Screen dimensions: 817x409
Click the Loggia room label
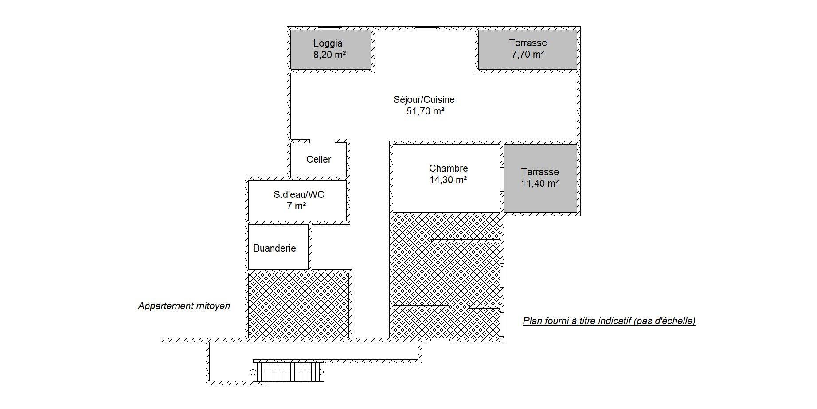(x=328, y=43)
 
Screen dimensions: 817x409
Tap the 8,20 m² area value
(x=330, y=55)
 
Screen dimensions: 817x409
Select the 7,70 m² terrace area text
(x=528, y=55)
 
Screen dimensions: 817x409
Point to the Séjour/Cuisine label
(x=424, y=100)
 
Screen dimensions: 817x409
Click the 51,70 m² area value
(x=426, y=111)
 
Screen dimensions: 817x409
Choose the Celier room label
(x=319, y=160)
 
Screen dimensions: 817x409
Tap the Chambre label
(x=449, y=169)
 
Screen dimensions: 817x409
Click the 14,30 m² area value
(x=448, y=180)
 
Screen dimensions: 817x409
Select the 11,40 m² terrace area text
(x=540, y=184)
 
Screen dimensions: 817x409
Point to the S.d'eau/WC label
(x=299, y=195)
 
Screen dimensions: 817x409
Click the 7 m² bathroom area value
(x=297, y=206)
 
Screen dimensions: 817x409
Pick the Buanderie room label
(x=274, y=248)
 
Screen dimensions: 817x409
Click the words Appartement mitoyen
(x=184, y=306)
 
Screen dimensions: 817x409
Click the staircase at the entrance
(x=288, y=372)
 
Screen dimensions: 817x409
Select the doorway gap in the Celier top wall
(x=322, y=141)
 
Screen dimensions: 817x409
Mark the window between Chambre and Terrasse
(x=502, y=179)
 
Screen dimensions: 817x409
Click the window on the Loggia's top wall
(x=330, y=28)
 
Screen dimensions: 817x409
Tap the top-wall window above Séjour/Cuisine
(x=427, y=28)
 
